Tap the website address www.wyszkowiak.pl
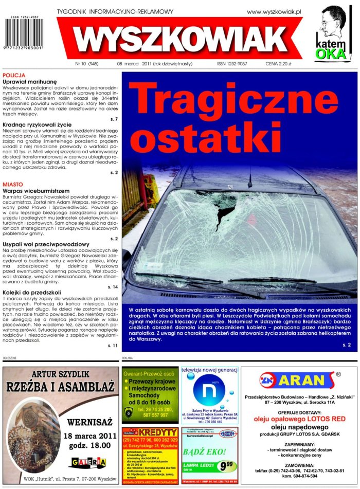click(274, 11)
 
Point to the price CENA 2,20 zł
click(278, 64)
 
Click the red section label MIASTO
click(12, 184)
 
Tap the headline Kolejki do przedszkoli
click(32, 292)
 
